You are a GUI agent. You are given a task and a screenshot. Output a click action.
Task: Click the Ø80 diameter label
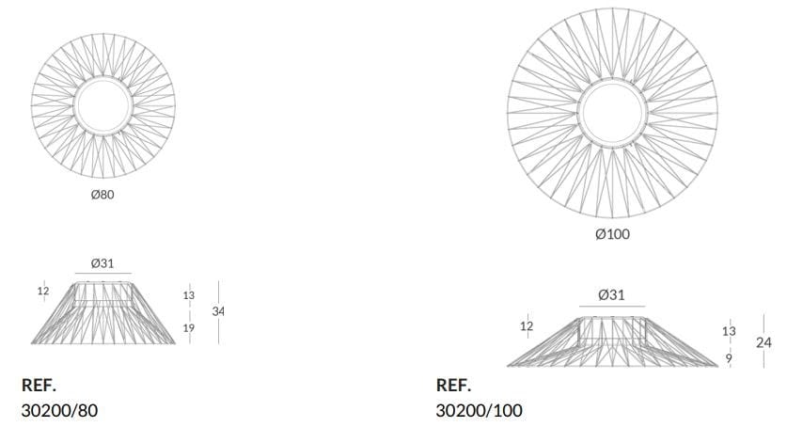pos(102,196)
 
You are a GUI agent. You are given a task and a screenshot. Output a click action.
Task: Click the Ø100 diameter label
pos(612,234)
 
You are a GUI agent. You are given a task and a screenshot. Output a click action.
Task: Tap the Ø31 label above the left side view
pos(102,263)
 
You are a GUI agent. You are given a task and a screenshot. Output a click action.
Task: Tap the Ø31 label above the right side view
pos(611,294)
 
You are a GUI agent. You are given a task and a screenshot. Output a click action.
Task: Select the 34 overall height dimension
pos(219,310)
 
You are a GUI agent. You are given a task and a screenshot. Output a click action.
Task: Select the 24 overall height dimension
pos(763,342)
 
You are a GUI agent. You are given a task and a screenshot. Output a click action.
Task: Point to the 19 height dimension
pos(189,328)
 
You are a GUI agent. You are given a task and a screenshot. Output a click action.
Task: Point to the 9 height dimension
pos(729,357)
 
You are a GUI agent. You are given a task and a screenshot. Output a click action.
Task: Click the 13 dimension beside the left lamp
pos(189,295)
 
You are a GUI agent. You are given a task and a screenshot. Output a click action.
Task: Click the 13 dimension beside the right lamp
pos(729,331)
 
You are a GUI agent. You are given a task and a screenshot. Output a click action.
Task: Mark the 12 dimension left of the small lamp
pos(42,292)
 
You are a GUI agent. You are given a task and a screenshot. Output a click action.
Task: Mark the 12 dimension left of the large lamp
pos(527,326)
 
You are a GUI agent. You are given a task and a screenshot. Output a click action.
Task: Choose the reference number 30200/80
pos(59,410)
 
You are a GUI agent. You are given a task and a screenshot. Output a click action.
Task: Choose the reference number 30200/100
pos(480,410)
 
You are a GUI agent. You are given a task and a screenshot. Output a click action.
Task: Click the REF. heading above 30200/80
pos(39,386)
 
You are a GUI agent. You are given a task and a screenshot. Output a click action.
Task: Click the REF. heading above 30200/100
pos(454,386)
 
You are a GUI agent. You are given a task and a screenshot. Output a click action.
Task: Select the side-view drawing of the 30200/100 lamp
pos(612,342)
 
